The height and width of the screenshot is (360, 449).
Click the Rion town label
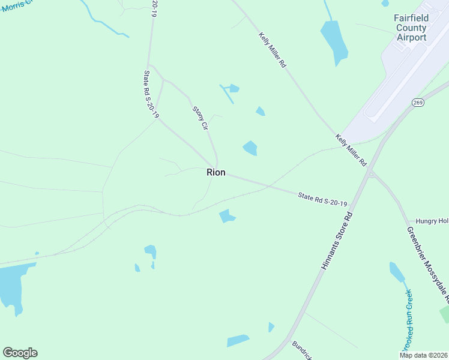(216, 172)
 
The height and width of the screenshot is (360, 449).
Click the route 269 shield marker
(418, 103)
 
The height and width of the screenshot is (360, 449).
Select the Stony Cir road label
(200, 118)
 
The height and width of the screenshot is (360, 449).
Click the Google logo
(20, 353)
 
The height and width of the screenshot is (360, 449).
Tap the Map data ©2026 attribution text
(423, 355)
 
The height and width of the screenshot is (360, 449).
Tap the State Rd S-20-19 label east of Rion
(323, 199)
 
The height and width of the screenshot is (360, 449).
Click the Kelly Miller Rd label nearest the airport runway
(351, 150)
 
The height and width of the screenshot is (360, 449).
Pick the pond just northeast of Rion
(250, 148)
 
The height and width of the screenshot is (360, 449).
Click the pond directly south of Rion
(227, 216)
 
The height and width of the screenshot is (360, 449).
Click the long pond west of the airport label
(334, 41)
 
